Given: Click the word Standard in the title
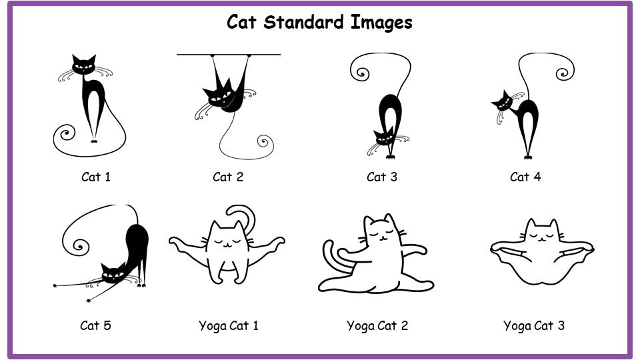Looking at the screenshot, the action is click(x=303, y=22).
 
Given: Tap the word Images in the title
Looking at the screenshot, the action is click(x=381, y=23).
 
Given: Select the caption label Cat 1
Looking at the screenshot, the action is click(x=96, y=177).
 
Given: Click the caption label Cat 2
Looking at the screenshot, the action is click(x=228, y=177).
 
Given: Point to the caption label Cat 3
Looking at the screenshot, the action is click(x=381, y=177).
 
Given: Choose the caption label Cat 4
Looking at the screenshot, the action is click(x=525, y=177).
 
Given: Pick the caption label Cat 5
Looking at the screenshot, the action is click(x=95, y=325).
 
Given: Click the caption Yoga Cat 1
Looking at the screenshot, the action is click(x=229, y=326).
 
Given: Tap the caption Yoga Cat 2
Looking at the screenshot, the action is click(x=377, y=326).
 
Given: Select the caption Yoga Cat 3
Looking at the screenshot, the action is click(x=534, y=326).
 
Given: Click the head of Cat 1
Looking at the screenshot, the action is click(x=84, y=65).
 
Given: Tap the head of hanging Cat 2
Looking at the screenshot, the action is click(x=219, y=96).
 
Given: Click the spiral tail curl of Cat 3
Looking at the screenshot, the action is click(x=361, y=73).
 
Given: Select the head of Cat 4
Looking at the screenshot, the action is click(x=502, y=101).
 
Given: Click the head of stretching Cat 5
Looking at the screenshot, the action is click(x=113, y=273).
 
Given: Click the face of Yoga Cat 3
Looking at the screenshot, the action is click(x=541, y=235).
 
